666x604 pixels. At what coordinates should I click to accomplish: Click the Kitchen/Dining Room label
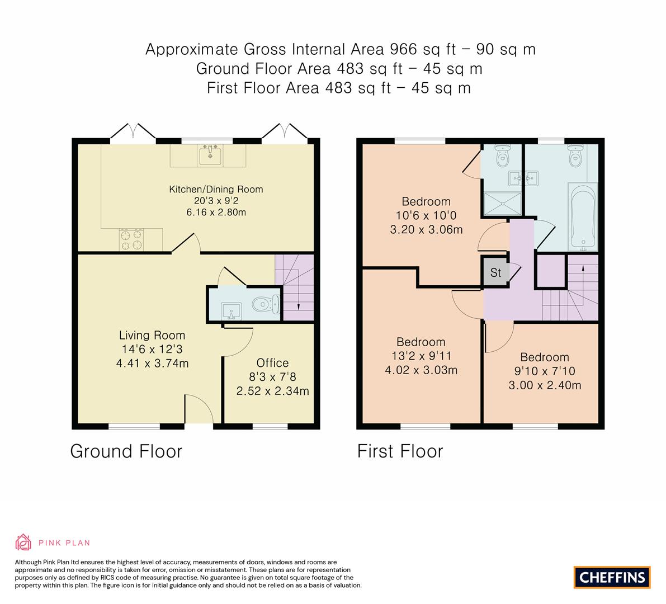click(216, 189)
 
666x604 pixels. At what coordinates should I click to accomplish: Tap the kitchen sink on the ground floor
click(210, 154)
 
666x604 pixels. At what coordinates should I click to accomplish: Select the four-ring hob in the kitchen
click(131, 240)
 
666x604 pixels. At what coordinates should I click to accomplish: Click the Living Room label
click(152, 336)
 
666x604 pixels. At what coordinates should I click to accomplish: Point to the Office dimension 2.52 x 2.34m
click(272, 391)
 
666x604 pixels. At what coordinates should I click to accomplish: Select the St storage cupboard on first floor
click(495, 272)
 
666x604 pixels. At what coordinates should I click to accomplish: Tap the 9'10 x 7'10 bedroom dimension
click(544, 371)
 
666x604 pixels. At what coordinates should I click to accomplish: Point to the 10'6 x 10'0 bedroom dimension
click(426, 215)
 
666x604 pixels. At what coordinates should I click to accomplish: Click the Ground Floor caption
click(126, 451)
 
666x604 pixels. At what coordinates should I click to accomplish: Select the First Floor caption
click(400, 451)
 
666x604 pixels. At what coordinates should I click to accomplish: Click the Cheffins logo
click(612, 577)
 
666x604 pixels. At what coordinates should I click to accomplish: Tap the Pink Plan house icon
click(23, 542)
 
